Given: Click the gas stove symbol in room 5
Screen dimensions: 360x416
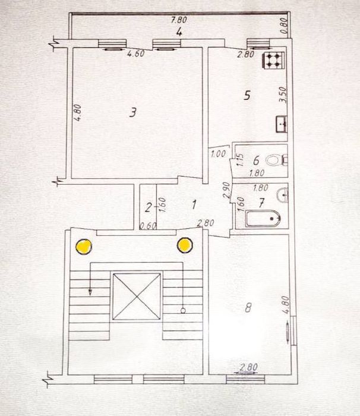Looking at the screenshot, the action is pos(274,61).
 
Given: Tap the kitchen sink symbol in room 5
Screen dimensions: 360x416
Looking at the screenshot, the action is pos(282,124).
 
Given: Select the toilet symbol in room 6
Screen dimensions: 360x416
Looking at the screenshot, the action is pos(277,160).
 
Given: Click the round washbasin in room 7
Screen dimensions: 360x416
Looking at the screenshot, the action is pos(283,195).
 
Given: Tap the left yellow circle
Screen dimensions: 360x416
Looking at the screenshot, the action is pos(84,247).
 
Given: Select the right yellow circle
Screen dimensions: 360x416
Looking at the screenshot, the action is pos(185,245).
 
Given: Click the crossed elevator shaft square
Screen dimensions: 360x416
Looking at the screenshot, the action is pos(137,296).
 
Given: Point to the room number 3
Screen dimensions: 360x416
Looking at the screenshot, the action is pos(132,112).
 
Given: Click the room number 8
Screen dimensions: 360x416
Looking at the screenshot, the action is pos(248,308).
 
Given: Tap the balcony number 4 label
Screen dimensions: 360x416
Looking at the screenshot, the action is pos(179,32).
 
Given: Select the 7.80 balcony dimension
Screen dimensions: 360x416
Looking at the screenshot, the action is pos(179,20).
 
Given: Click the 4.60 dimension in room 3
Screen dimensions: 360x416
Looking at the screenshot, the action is pos(136,54).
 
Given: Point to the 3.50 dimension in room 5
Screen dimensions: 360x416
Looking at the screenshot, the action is pos(283,94).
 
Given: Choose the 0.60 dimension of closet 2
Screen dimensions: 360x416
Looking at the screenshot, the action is pos(148,226).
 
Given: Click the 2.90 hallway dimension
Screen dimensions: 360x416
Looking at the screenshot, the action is pos(226,190).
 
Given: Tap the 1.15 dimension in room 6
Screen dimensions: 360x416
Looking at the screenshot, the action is pos(240,160).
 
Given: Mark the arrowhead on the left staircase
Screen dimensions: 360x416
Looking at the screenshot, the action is pos(90,292).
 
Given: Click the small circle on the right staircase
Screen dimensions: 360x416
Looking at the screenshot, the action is pos(183,310).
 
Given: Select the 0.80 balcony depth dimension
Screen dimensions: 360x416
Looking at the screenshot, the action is pos(284,26).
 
